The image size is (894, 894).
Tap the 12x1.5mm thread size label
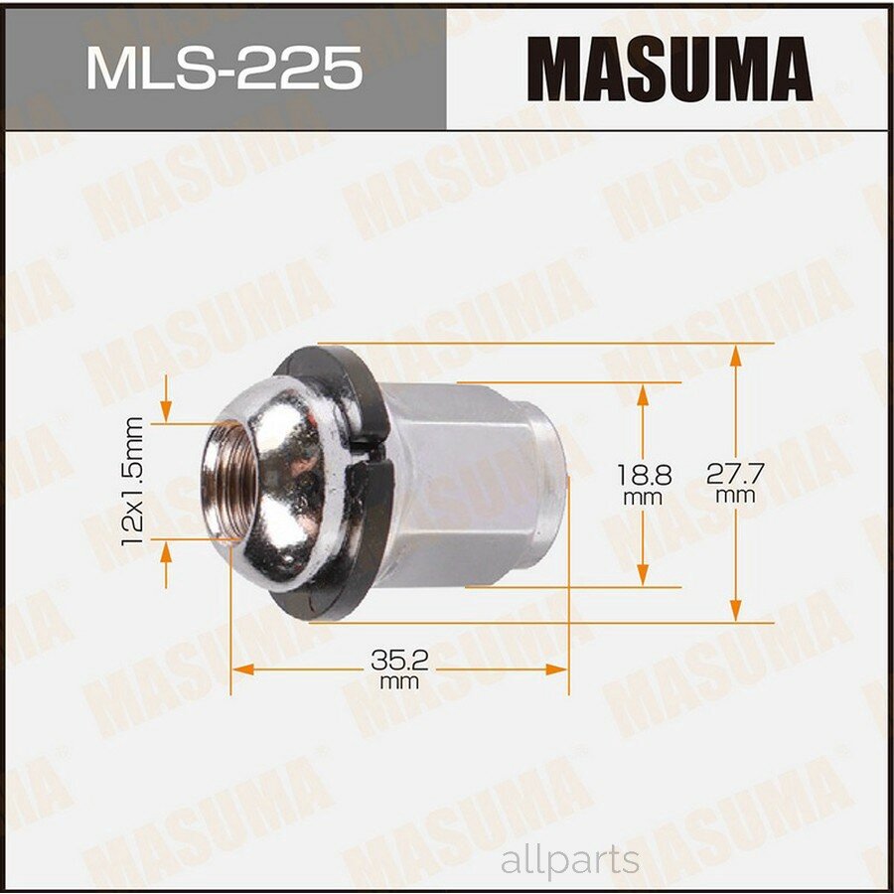point(135,480)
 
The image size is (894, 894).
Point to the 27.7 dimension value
point(734,474)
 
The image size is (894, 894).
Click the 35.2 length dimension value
point(397,659)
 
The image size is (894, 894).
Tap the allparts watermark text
point(571,860)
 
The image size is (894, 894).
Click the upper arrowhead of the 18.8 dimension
point(643,392)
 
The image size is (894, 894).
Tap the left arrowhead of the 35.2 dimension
point(239,668)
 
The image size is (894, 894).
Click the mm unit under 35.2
point(397,682)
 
